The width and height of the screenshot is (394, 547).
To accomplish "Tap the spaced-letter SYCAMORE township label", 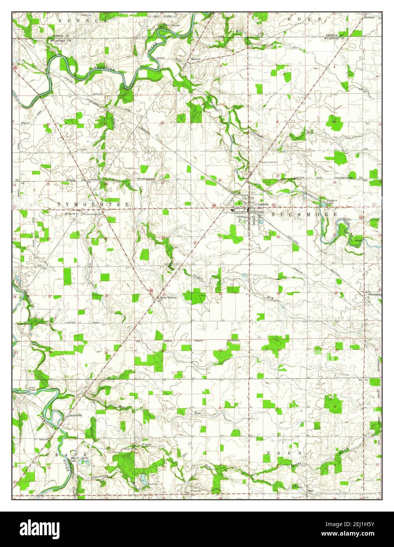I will click(303, 214).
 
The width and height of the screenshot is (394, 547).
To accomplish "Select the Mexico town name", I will click(196, 59).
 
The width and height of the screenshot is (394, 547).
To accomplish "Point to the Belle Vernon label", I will click(168, 298).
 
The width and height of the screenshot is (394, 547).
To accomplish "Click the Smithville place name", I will click(76, 415).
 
